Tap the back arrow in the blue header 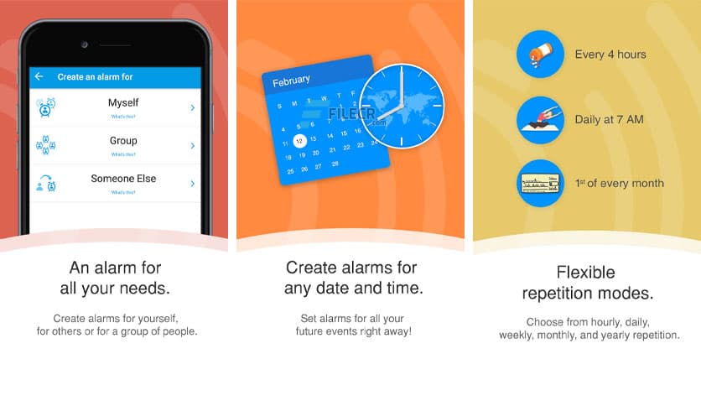39,77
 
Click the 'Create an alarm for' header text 95,77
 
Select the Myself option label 123,102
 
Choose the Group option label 123,141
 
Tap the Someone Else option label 123,179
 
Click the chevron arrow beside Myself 193,107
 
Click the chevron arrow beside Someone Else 193,183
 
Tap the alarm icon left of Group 46,145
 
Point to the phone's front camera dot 85,44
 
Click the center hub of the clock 402,106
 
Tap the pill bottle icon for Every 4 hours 539,55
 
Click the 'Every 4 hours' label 610,55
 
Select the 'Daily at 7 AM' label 609,119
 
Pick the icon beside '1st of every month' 539,183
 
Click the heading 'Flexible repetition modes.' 587,284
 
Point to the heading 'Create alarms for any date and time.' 350,278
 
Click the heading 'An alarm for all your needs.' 115,278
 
